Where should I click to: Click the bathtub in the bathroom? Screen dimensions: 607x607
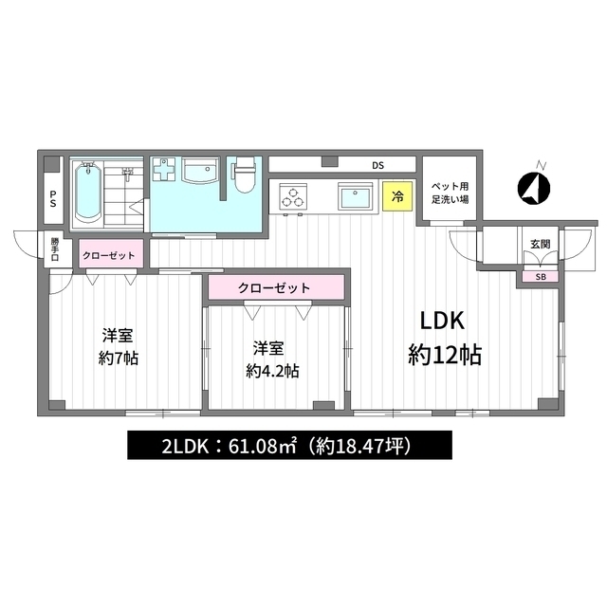point(88,193)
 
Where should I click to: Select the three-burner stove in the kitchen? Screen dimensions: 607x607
point(293,196)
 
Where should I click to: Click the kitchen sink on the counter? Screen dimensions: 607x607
point(356,196)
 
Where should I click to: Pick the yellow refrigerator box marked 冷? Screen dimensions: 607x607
point(397,196)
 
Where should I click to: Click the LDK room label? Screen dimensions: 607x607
point(442,321)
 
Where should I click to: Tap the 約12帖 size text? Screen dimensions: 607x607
point(445,355)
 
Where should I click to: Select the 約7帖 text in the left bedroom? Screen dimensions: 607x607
point(118,359)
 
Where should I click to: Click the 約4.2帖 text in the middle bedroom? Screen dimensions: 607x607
point(272,371)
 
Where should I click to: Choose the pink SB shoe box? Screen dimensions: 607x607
point(541,277)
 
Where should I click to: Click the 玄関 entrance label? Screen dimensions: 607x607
point(540,245)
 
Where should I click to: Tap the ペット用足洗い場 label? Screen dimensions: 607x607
point(451,193)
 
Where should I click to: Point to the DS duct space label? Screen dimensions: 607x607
point(377,166)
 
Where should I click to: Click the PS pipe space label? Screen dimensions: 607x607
point(53,197)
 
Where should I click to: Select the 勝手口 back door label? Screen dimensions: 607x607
point(55,248)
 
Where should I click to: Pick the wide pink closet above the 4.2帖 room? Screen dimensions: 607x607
point(276,287)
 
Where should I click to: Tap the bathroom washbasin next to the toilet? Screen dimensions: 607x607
point(201,171)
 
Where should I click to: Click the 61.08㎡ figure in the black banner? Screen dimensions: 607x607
point(263,447)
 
